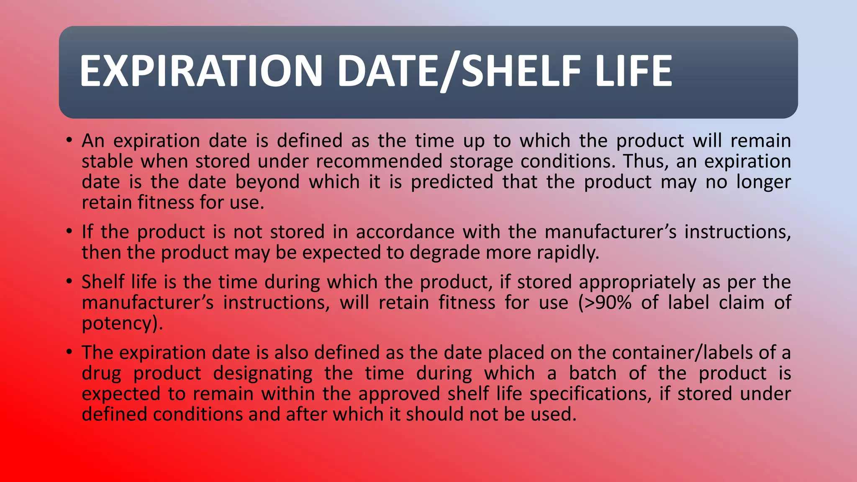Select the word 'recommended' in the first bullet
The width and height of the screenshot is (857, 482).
coord(379,162)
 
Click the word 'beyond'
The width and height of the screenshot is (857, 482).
coord(267,182)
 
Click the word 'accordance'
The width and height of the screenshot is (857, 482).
coord(405,232)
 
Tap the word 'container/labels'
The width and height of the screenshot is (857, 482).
coord(682,353)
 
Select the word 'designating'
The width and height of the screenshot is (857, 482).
coord(263,374)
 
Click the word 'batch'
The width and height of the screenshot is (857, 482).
coord(593,374)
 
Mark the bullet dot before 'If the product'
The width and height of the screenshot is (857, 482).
coord(69,231)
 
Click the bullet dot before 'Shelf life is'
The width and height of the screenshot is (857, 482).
coord(69,282)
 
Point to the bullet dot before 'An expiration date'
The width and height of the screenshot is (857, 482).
coord(69,140)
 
